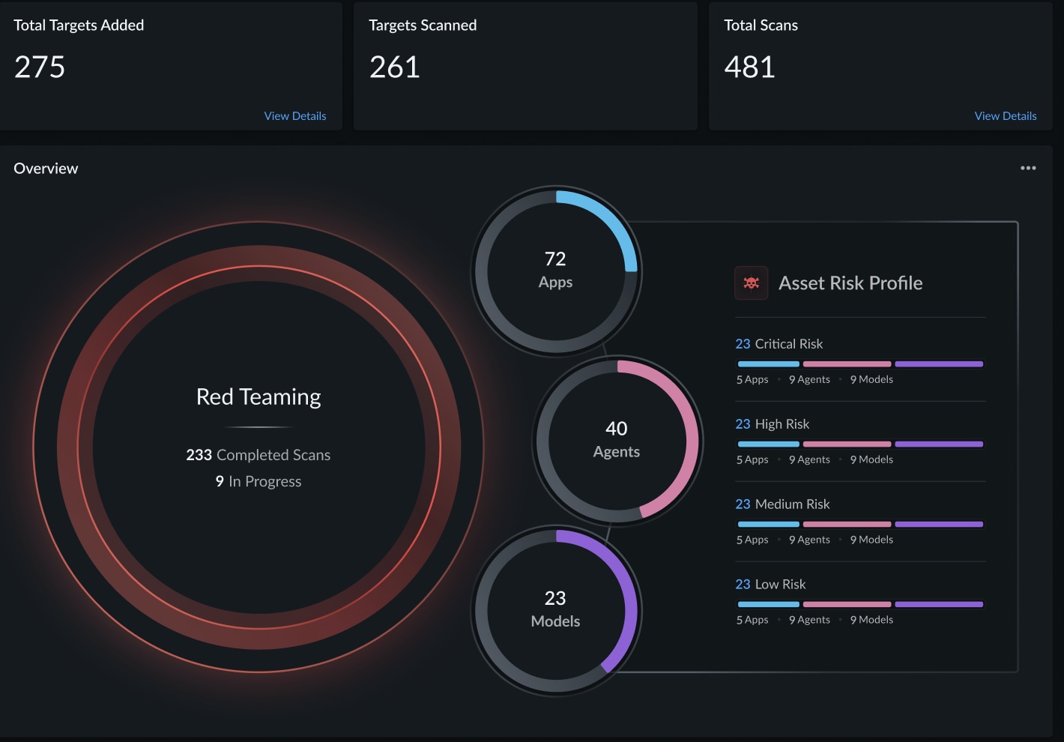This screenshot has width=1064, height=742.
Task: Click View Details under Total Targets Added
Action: pyautogui.click(x=295, y=116)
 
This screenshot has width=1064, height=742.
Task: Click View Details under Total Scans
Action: pyautogui.click(x=1005, y=116)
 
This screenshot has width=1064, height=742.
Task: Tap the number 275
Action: pyautogui.click(x=40, y=67)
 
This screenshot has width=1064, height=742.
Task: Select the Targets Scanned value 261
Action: pyautogui.click(x=394, y=67)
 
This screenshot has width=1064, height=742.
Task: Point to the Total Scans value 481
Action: pyautogui.click(x=749, y=67)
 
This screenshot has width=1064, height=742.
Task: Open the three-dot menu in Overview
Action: pyautogui.click(x=1028, y=168)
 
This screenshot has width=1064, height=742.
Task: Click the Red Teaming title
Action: pyautogui.click(x=259, y=396)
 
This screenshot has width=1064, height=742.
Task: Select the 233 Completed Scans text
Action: pyautogui.click(x=259, y=455)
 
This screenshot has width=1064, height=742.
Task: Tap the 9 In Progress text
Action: pyautogui.click(x=259, y=481)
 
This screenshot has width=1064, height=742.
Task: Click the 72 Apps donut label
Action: pyautogui.click(x=555, y=270)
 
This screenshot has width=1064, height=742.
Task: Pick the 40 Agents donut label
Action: pyautogui.click(x=617, y=439)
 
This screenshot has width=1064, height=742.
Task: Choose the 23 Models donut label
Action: pyautogui.click(x=555, y=609)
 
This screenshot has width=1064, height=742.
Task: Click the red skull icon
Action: pyautogui.click(x=751, y=283)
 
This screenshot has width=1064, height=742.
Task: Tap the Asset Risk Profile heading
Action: pyautogui.click(x=850, y=283)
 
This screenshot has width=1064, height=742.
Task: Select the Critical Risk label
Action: pyautogui.click(x=779, y=344)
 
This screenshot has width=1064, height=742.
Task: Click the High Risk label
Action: pyautogui.click(x=773, y=424)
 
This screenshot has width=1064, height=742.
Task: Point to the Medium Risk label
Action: pyautogui.click(x=783, y=504)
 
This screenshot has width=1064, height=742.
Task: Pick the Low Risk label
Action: pyautogui.click(x=771, y=585)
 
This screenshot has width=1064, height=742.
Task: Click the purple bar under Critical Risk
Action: pyautogui.click(x=939, y=364)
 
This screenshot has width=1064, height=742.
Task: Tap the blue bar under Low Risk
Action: pyautogui.click(x=768, y=604)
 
